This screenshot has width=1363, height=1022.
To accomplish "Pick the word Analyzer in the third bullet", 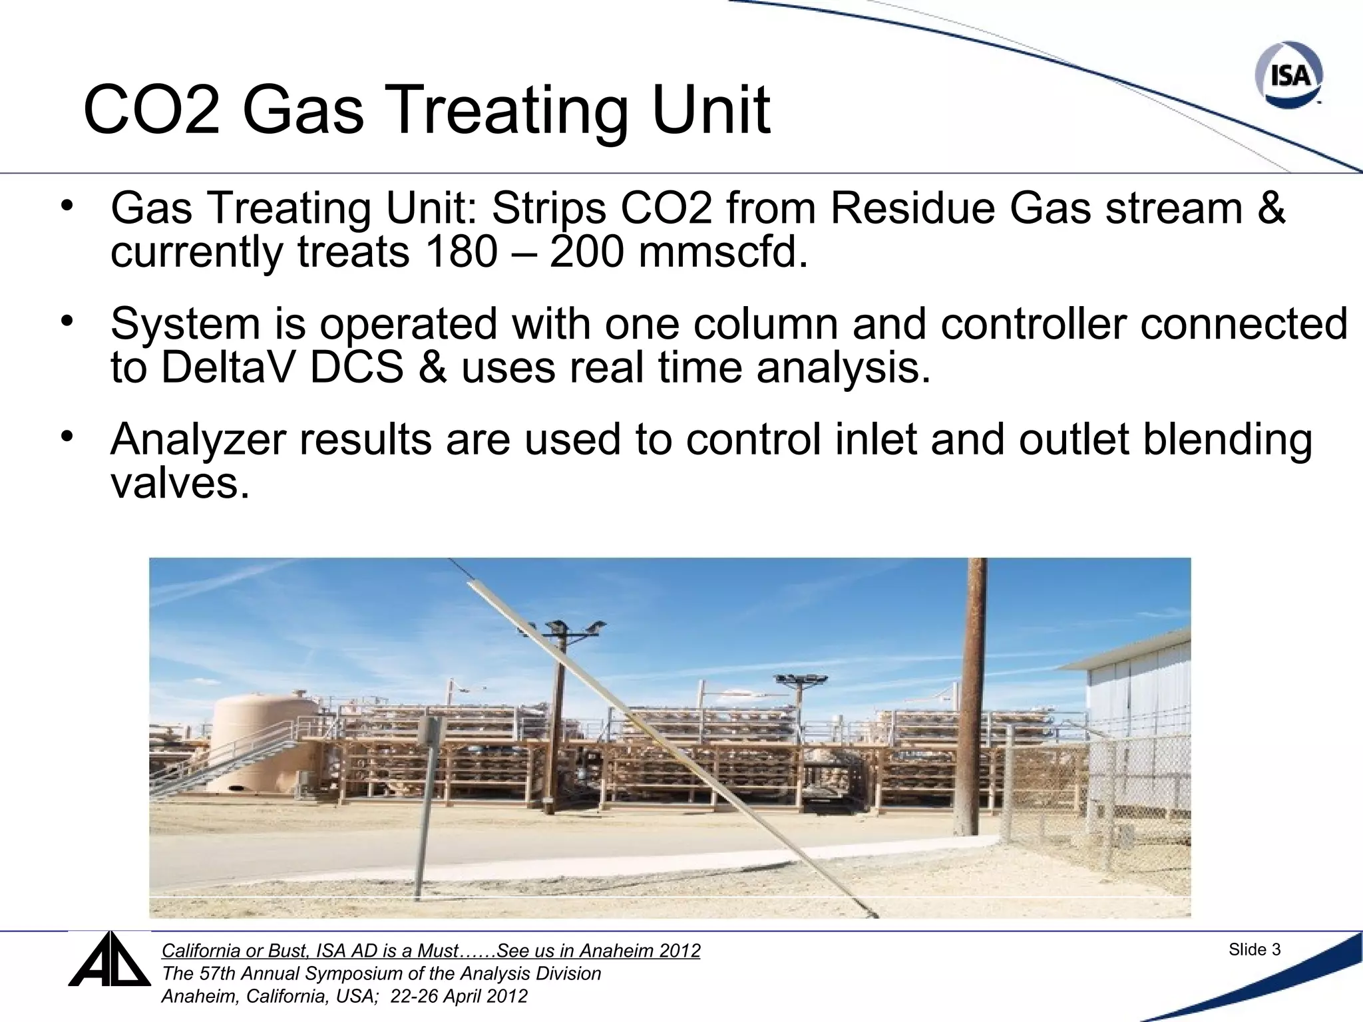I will point(198,440).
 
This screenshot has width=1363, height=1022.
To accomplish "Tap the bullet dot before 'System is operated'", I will point(67,323).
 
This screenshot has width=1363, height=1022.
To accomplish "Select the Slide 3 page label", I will point(1254,950).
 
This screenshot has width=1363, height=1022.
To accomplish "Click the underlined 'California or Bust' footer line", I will point(431,951).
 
